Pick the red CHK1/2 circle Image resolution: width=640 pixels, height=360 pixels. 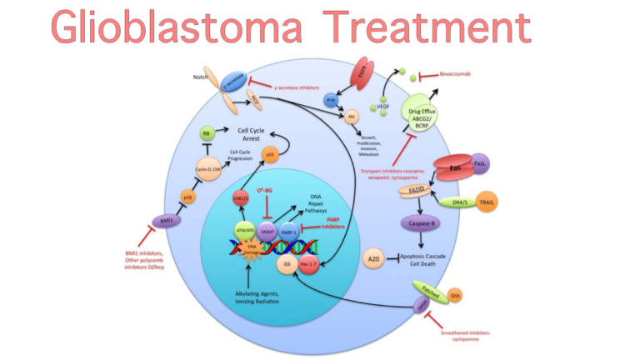242,197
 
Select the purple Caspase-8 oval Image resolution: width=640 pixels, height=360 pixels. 426,222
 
